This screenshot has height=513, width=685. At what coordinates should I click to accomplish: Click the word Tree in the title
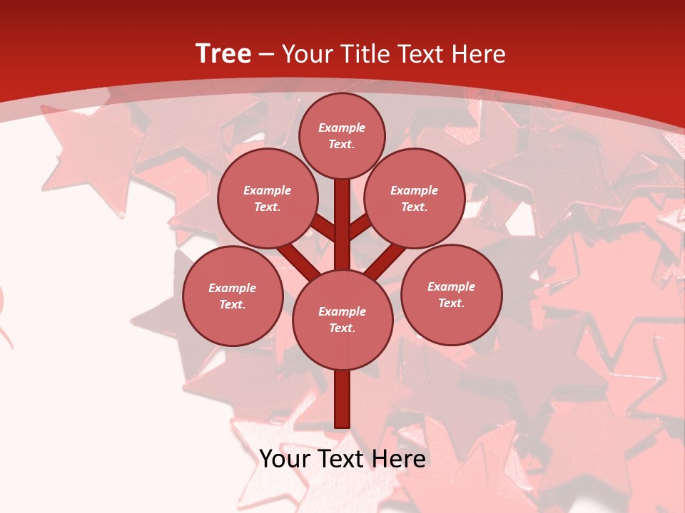pyautogui.click(x=223, y=53)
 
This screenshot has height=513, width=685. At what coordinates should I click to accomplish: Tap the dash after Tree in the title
pyautogui.click(x=267, y=54)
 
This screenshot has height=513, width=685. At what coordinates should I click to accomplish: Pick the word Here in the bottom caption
pyautogui.click(x=400, y=459)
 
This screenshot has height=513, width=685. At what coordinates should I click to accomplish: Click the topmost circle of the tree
pyautogui.click(x=342, y=135)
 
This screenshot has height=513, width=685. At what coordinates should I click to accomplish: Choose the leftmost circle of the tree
pyautogui.click(x=233, y=296)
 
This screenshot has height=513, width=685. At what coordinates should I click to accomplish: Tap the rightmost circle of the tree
pyautogui.click(x=451, y=295)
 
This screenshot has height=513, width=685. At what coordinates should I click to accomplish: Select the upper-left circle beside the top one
pyautogui.click(x=268, y=199)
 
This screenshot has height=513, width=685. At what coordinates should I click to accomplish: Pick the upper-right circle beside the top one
pyautogui.click(x=415, y=199)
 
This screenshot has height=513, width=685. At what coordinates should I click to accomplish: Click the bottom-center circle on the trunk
pyautogui.click(x=342, y=320)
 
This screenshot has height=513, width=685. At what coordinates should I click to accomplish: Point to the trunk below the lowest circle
pyautogui.click(x=342, y=399)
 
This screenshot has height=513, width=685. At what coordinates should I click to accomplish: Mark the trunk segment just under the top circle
pyautogui.click(x=342, y=214)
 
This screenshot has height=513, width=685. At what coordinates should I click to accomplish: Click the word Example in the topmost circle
pyautogui.click(x=342, y=128)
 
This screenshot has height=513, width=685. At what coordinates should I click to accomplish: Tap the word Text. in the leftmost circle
pyautogui.click(x=232, y=305)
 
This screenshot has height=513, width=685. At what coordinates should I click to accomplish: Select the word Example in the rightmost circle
pyautogui.click(x=451, y=286)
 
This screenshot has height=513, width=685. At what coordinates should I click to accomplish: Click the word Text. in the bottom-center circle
pyautogui.click(x=342, y=328)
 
